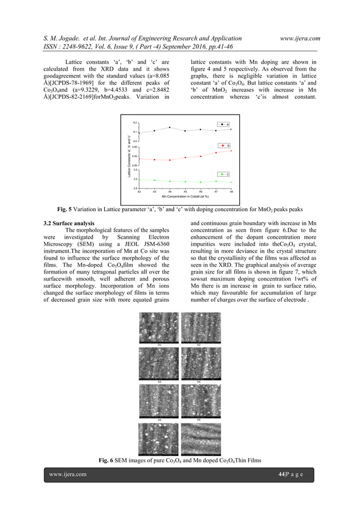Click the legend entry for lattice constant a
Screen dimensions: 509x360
[x=223, y=124]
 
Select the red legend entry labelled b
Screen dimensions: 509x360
[x=223, y=146]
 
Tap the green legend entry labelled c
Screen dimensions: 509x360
[x=223, y=174]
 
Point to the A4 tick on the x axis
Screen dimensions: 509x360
[x=170, y=192]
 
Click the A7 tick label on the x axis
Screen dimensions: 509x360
[x=216, y=192]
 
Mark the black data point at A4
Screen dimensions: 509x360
[x=170, y=128]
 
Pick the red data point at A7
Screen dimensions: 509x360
[x=216, y=152]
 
